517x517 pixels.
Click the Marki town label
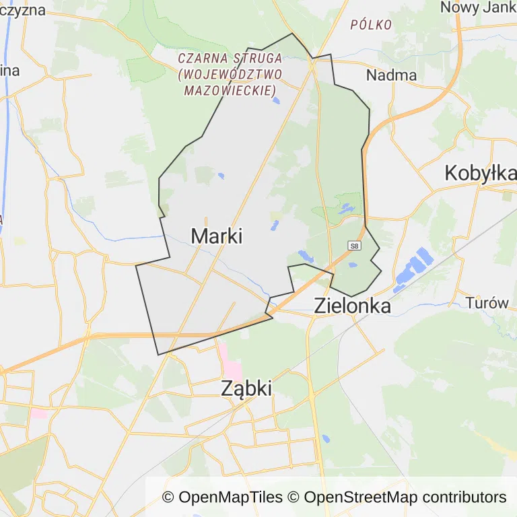[216, 236]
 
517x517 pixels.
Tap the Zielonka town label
[352, 306]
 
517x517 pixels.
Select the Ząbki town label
[246, 388]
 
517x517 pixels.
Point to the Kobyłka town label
[480, 174]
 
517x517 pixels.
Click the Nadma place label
[391, 75]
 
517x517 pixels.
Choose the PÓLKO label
[371, 25]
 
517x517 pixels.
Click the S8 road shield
[354, 246]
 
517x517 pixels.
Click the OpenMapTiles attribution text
[223, 497]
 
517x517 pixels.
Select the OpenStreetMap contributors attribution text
[405, 497]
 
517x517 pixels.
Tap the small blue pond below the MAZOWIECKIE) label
[276, 102]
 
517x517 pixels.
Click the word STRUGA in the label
[258, 59]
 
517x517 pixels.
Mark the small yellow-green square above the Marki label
[276, 215]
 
